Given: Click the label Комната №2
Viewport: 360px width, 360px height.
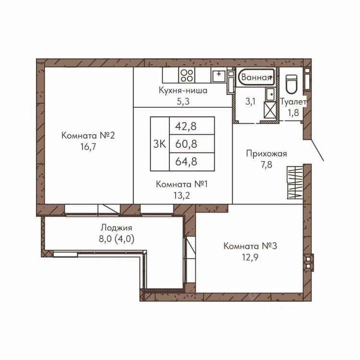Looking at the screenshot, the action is [x=88, y=135].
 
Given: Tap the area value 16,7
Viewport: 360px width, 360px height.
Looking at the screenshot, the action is [x=88, y=147].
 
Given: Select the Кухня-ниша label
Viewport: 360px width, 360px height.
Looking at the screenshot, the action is [x=183, y=90].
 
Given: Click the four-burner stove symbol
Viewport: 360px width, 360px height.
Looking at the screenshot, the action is [x=187, y=75].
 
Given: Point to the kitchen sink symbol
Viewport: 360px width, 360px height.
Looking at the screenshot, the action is [x=219, y=76].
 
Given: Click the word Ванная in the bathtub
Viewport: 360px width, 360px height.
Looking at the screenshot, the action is [x=256, y=77].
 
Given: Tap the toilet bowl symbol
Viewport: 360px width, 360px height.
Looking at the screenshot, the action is [x=291, y=84].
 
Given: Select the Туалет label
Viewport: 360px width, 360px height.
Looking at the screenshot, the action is [x=293, y=102].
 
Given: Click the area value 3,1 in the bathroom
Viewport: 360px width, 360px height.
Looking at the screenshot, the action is [x=250, y=101].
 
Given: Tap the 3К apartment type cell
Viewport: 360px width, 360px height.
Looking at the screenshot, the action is [x=160, y=144].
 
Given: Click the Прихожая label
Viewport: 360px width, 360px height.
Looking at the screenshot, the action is [x=266, y=154].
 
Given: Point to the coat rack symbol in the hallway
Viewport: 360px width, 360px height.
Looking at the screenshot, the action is [x=295, y=183].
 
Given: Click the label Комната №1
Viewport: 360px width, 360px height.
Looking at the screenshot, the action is [x=181, y=184].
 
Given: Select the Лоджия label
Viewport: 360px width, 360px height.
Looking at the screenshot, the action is [x=117, y=228].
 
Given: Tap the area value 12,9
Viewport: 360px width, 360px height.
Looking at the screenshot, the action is [x=250, y=257].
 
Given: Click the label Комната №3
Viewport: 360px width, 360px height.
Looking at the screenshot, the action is [x=250, y=246].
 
